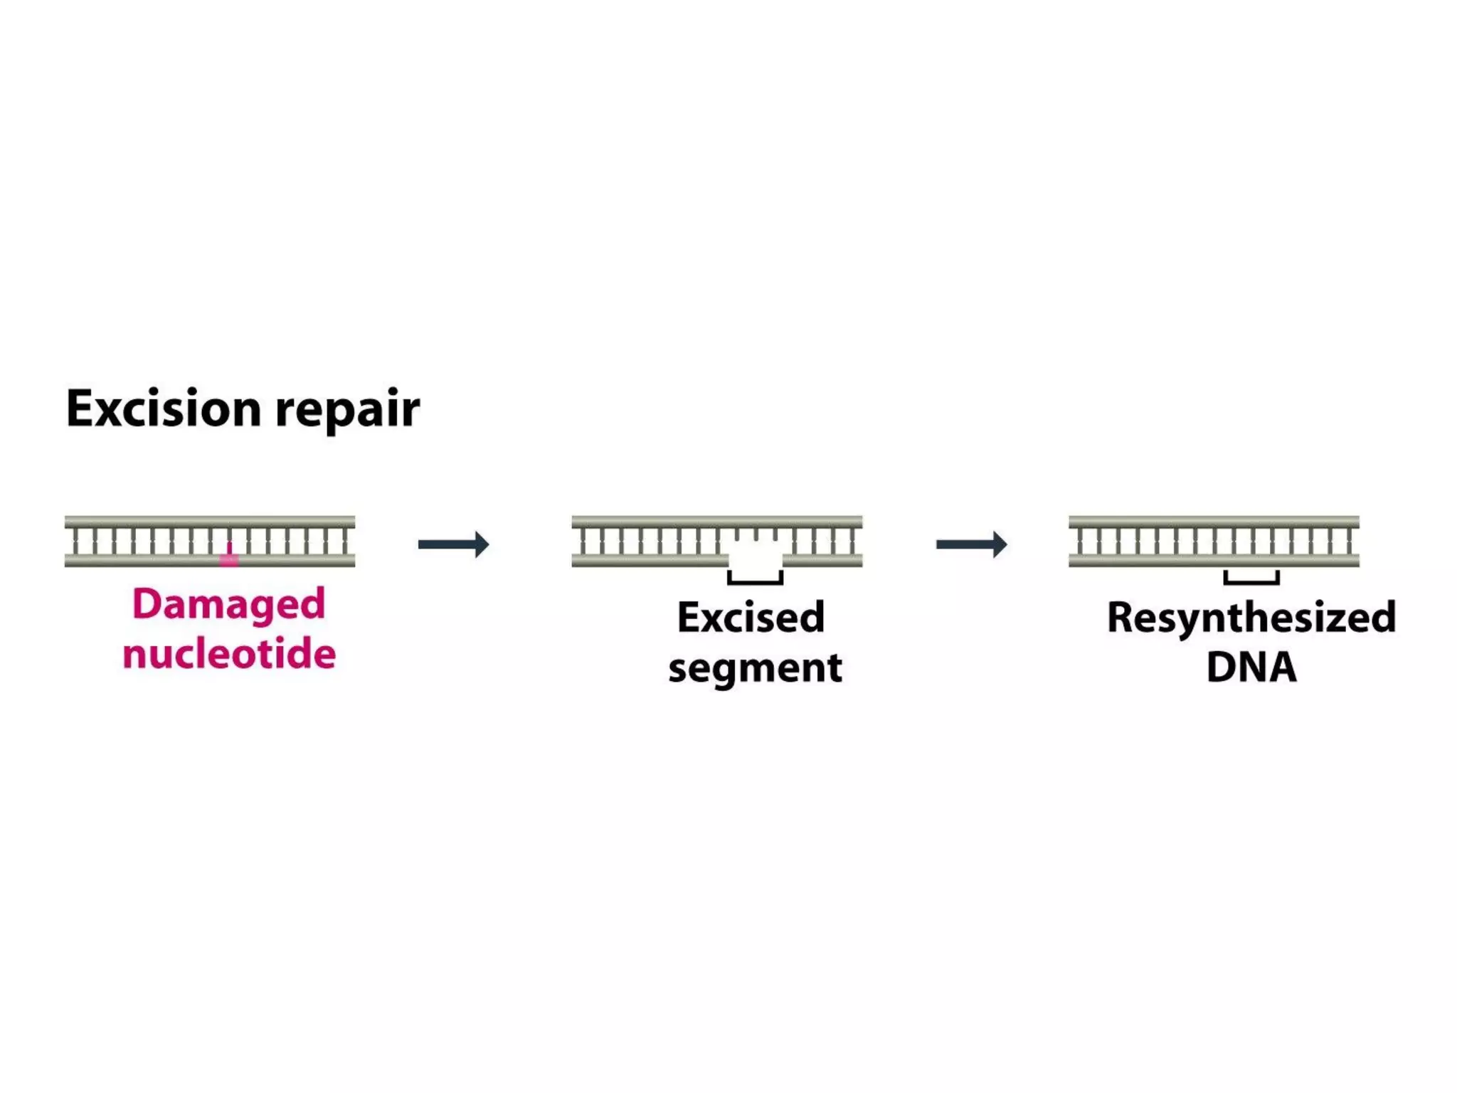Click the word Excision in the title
tap(164, 409)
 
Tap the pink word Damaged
tap(228, 605)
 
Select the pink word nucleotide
tap(228, 653)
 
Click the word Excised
tap(751, 617)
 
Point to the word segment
tap(755, 668)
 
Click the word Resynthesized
tap(1251, 617)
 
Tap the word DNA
tap(1251, 667)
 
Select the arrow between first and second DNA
tap(453, 544)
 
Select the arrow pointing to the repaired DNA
tap(971, 544)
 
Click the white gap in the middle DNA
tap(755, 555)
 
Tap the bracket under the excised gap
tap(755, 581)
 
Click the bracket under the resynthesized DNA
tap(1251, 581)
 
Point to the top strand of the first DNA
tap(209, 522)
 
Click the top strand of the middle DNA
tap(716, 522)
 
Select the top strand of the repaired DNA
tap(1214, 522)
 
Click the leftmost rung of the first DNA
tap(75, 542)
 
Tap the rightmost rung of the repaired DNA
tap(1349, 542)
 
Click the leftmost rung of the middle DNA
tap(583, 542)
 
